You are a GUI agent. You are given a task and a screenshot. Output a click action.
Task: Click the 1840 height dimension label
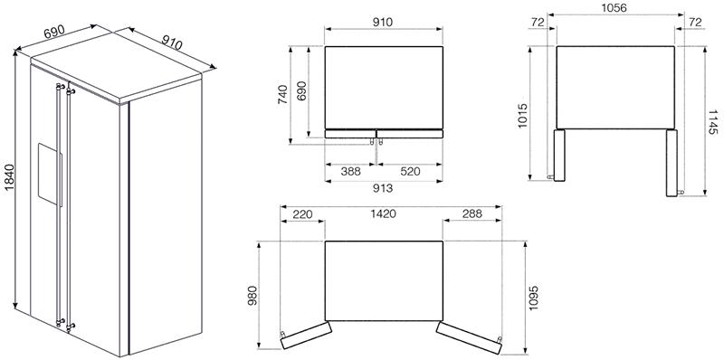(x=9, y=178)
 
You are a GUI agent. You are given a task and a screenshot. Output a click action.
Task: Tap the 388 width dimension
(x=351, y=172)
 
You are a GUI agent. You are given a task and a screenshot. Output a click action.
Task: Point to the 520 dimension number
(x=410, y=172)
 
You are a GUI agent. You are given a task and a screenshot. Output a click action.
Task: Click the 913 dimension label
(x=383, y=188)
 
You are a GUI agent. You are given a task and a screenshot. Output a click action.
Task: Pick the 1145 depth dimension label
(x=714, y=122)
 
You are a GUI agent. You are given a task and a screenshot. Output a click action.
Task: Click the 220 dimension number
(x=302, y=214)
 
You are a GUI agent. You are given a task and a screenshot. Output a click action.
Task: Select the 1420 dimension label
(x=383, y=213)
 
